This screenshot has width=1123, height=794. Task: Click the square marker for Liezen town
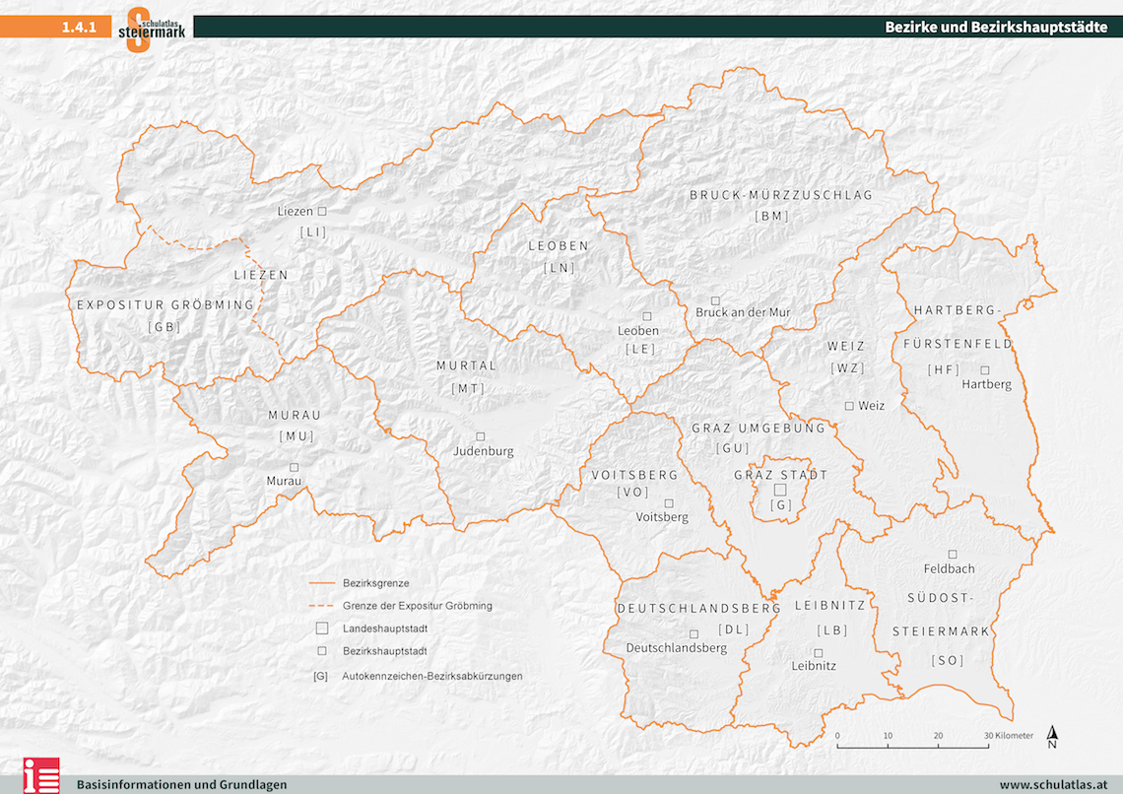(x=321, y=211)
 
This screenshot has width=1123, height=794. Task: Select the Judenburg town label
(x=483, y=451)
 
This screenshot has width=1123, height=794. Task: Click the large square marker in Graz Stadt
(x=779, y=489)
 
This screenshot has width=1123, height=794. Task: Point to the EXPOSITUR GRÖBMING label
(x=165, y=304)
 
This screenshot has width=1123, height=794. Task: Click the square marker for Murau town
(x=294, y=467)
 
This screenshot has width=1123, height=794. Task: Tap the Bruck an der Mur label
(x=743, y=312)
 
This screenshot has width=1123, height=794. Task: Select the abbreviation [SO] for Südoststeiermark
(x=948, y=660)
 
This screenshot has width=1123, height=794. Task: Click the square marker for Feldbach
(x=953, y=554)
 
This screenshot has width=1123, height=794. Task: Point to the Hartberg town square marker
(x=985, y=369)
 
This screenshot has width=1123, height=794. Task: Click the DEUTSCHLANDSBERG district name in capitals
(x=699, y=609)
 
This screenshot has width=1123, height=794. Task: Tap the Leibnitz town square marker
(x=818, y=652)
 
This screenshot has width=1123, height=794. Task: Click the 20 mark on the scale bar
(x=938, y=736)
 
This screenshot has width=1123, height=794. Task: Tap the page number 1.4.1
(x=78, y=28)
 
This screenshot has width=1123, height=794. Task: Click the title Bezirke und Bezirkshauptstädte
(x=996, y=28)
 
